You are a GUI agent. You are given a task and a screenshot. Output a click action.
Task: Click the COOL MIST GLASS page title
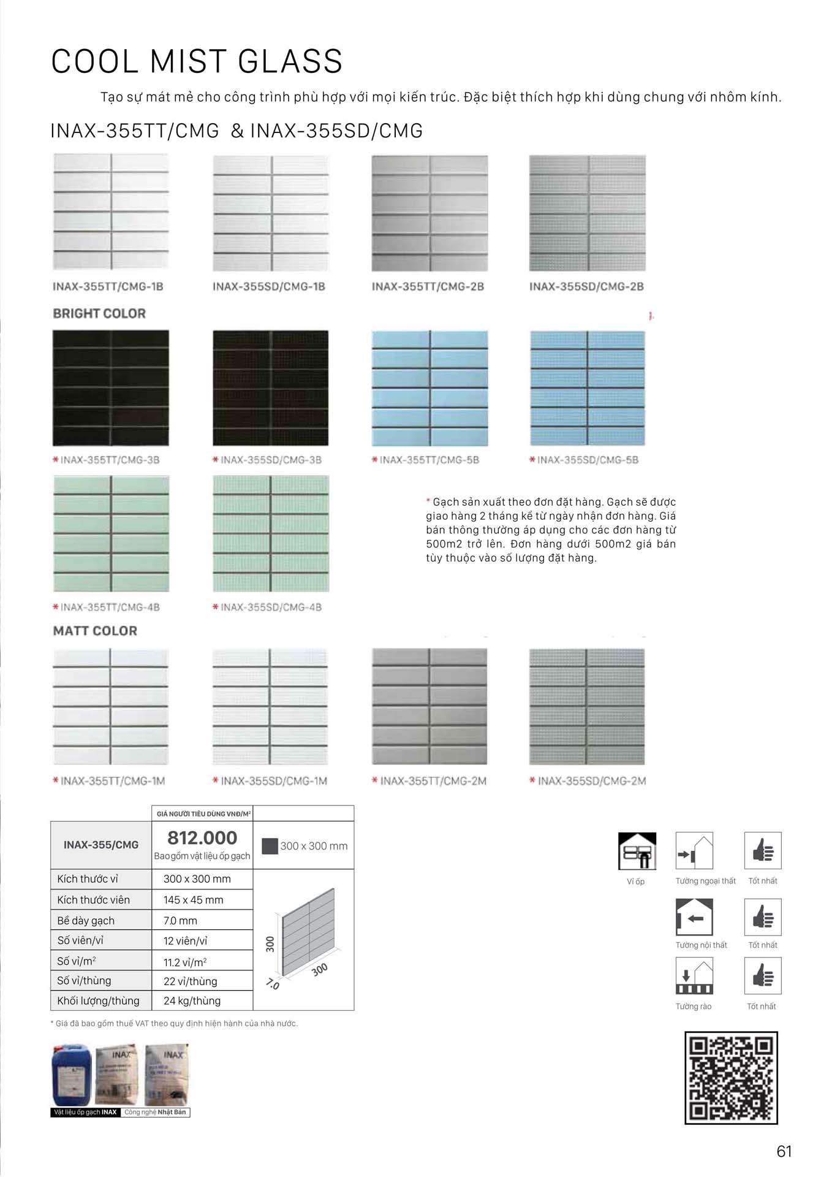click(197, 61)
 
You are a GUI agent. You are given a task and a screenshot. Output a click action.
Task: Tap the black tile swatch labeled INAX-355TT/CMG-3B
click(111, 388)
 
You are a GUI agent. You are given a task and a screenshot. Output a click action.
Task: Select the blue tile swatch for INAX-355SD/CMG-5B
click(588, 388)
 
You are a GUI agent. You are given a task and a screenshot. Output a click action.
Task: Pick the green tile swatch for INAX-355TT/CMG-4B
click(111, 533)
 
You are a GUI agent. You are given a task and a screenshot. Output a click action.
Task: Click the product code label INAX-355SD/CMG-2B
click(586, 286)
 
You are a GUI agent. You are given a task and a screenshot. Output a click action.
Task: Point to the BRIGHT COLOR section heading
click(99, 314)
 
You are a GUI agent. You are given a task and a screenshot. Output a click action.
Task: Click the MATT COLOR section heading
click(95, 631)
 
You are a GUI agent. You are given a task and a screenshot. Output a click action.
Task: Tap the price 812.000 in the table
click(202, 838)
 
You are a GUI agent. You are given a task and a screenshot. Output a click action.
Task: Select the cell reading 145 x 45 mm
click(193, 900)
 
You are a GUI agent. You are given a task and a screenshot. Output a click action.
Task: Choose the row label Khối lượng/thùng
click(99, 1001)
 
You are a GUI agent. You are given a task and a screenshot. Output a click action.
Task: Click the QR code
click(731, 1078)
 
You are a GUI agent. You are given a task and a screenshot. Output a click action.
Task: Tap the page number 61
click(784, 1151)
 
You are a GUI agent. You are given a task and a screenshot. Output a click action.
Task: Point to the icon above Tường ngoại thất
click(694, 851)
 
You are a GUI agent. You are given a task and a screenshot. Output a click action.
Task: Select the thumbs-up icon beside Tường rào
click(763, 976)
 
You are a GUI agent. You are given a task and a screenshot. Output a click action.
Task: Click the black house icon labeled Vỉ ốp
click(637, 851)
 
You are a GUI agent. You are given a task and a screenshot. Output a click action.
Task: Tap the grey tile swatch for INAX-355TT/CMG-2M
click(429, 707)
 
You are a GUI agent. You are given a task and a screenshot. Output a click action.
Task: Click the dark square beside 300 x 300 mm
click(270, 846)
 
